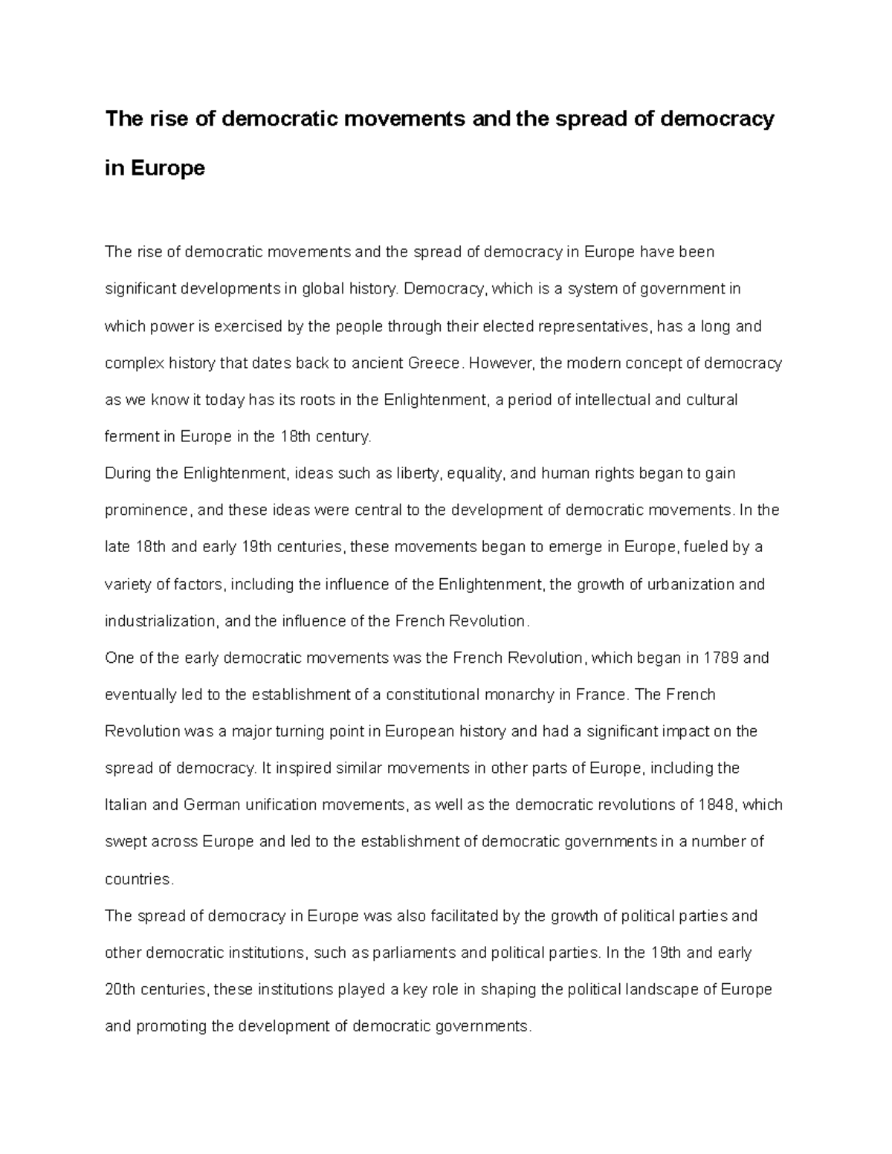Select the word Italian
tap(126, 805)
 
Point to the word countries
tap(139, 879)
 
